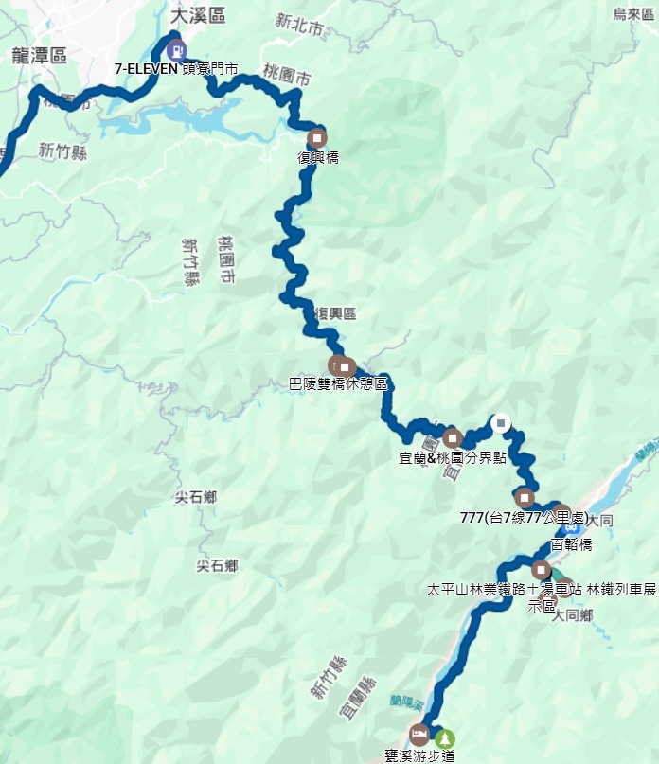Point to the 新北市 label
(x=297, y=20)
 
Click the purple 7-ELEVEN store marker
(x=175, y=50)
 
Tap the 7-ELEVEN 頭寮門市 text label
(x=175, y=69)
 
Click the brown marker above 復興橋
(x=316, y=137)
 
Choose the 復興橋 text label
(x=318, y=157)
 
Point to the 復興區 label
(x=335, y=313)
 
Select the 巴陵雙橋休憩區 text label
(x=338, y=385)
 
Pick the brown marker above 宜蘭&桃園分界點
(x=453, y=438)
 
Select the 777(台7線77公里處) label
(x=524, y=518)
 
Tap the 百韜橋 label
(x=571, y=544)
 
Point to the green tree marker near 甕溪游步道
(x=445, y=737)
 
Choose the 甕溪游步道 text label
(x=421, y=755)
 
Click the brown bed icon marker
(x=419, y=735)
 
